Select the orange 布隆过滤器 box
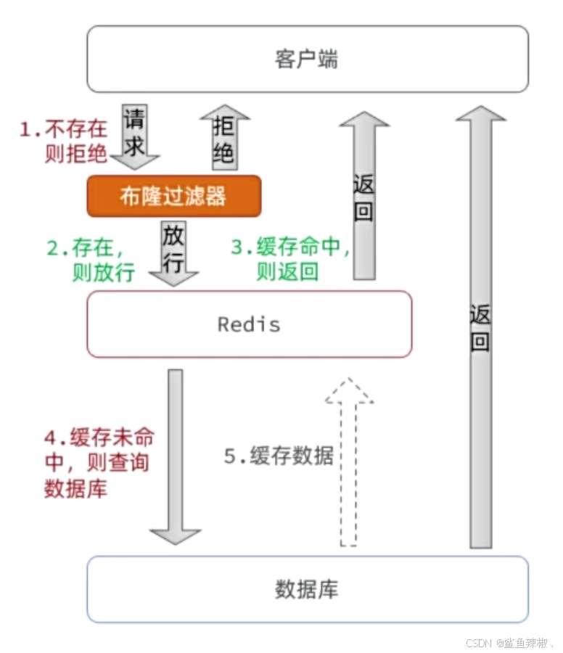point(173,196)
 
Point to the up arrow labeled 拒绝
point(225,136)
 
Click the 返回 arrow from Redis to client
point(364,196)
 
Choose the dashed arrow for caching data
point(349,464)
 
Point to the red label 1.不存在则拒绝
point(64,142)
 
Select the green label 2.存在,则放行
point(90,260)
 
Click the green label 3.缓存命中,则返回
point(291,260)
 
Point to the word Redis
point(249,324)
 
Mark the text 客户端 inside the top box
point(307,59)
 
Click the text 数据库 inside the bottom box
point(307,589)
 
